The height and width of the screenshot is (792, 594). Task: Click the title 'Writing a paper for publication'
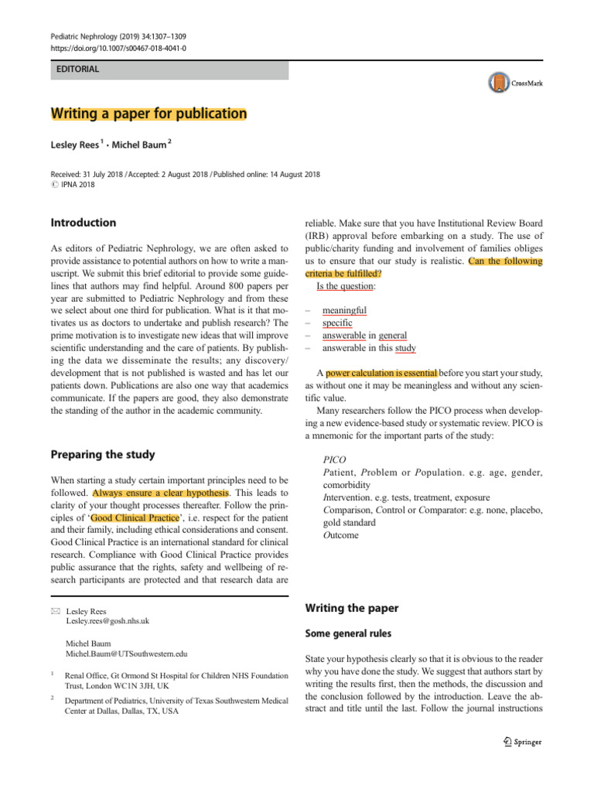coord(148,114)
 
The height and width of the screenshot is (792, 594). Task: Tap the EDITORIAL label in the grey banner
coord(77,70)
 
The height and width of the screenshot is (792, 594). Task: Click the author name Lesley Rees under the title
coord(74,145)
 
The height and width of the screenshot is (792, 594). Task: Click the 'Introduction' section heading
coord(83,223)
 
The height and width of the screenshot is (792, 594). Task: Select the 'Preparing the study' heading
coord(102,455)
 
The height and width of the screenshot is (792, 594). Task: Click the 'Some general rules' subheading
coord(348,633)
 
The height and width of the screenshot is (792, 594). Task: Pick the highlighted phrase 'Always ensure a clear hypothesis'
coord(161,493)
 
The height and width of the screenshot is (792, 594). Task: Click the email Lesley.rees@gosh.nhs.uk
coord(108,620)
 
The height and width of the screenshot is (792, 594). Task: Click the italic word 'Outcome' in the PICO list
coord(340,534)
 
